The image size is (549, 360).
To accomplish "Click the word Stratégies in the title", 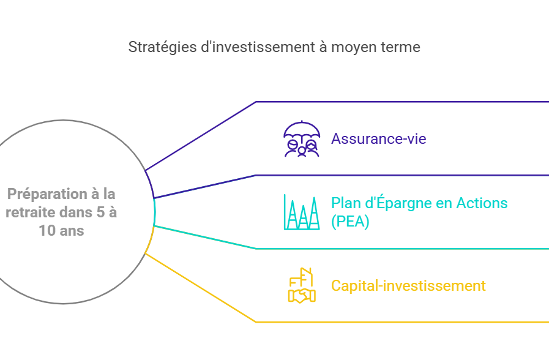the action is click(162, 47).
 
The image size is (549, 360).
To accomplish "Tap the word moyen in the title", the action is click(354, 48).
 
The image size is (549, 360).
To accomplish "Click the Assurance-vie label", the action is click(379, 139).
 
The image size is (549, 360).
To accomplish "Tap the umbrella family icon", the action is click(302, 139).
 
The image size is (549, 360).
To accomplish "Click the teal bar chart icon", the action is click(302, 212).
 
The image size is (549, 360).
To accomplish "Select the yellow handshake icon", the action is click(302, 296).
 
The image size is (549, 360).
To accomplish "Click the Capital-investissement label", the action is click(408, 286).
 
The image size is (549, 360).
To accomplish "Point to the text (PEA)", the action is click(350, 222).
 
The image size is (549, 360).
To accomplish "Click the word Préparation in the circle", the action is click(48, 194).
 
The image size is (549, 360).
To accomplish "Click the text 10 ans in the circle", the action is click(61, 231).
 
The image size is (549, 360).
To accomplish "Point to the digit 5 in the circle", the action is click(100, 212).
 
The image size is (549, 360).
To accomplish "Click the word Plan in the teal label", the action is click(346, 203).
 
